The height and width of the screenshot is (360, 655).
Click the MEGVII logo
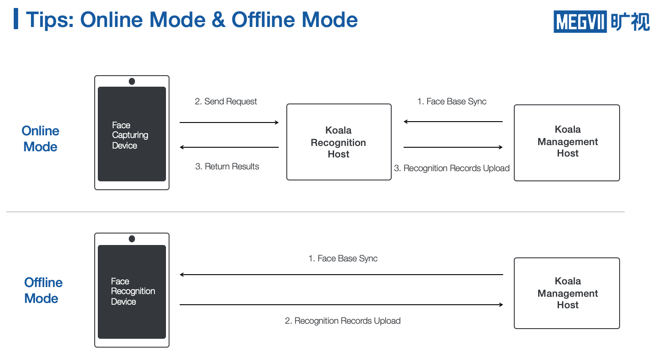(x=601, y=21)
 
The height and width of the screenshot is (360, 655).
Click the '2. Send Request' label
(x=226, y=101)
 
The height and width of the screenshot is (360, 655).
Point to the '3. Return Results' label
(x=227, y=166)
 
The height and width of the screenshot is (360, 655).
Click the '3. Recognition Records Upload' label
(x=452, y=169)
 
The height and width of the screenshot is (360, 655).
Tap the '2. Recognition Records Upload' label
(x=343, y=321)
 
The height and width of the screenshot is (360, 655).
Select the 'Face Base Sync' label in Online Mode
(x=452, y=101)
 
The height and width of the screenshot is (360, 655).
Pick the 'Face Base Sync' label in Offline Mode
(x=343, y=258)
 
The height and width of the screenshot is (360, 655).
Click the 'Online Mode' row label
(x=40, y=139)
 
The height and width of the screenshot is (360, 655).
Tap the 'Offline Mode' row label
(x=43, y=291)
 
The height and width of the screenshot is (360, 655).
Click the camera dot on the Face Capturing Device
(x=132, y=81)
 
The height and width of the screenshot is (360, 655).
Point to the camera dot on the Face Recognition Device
(x=132, y=239)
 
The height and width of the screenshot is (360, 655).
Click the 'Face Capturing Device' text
(x=130, y=135)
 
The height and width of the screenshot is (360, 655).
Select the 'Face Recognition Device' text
(x=133, y=291)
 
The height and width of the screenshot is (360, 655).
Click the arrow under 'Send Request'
(x=229, y=123)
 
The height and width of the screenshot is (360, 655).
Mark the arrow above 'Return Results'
(x=229, y=147)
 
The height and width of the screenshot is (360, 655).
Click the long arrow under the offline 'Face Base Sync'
(x=341, y=275)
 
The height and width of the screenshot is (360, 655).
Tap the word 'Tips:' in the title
(x=50, y=20)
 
